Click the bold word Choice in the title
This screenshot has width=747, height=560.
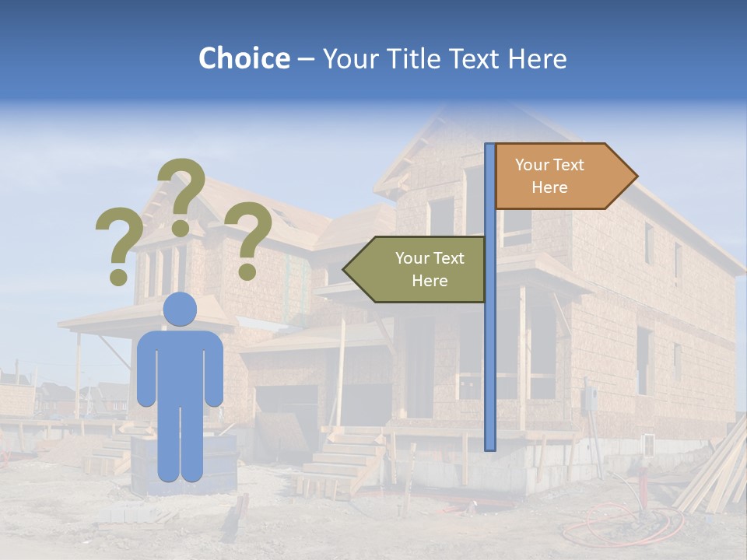(244, 58)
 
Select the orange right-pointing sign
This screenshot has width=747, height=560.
(560, 176)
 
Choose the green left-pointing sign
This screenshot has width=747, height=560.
(420, 269)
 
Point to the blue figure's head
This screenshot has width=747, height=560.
(180, 309)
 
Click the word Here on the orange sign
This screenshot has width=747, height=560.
(549, 187)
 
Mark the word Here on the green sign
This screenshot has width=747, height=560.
(430, 281)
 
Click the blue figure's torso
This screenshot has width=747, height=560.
(180, 366)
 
